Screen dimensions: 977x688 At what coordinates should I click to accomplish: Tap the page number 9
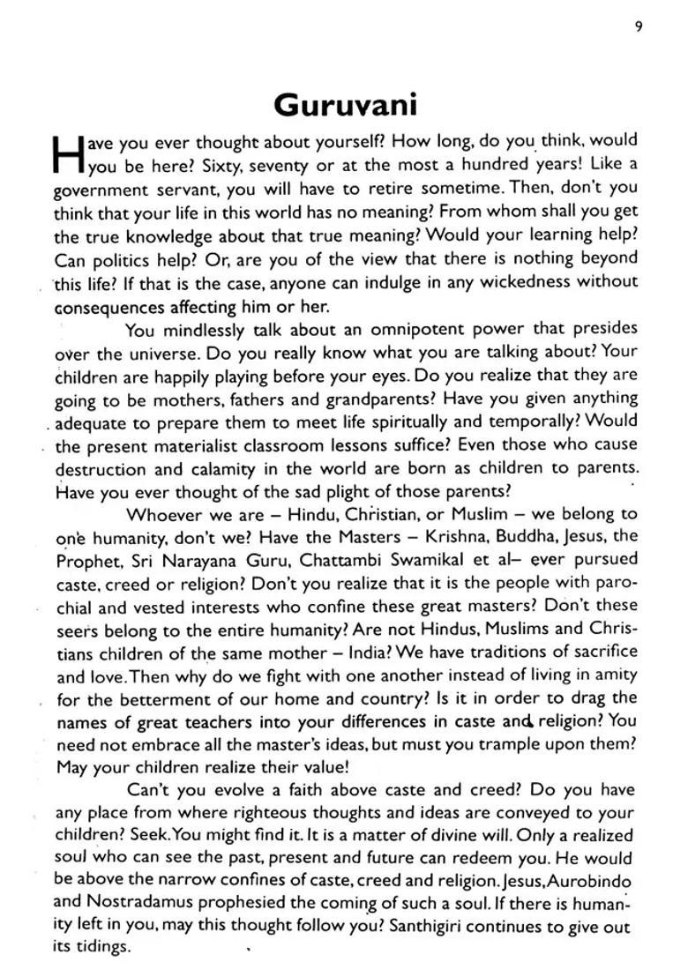(x=638, y=26)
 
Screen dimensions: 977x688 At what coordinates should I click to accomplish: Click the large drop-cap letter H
(x=66, y=153)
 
